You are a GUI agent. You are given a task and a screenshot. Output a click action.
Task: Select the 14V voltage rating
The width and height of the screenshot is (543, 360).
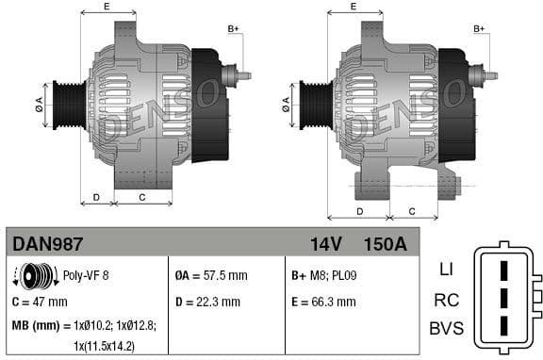325,244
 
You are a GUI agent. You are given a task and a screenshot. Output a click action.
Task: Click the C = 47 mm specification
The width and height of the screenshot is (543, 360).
40,303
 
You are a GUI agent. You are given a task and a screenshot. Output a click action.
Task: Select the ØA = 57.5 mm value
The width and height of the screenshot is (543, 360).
211,276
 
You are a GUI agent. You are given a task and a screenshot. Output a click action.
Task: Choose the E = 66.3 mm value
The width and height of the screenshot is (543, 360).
323,303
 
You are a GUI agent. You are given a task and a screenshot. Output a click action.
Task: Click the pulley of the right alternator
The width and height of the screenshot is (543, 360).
316,104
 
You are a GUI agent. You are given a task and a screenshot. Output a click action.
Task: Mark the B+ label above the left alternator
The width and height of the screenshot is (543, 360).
233,29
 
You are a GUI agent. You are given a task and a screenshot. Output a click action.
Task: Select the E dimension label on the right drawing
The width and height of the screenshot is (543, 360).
353,7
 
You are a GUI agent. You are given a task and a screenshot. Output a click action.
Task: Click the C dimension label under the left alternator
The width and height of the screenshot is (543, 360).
141,197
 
